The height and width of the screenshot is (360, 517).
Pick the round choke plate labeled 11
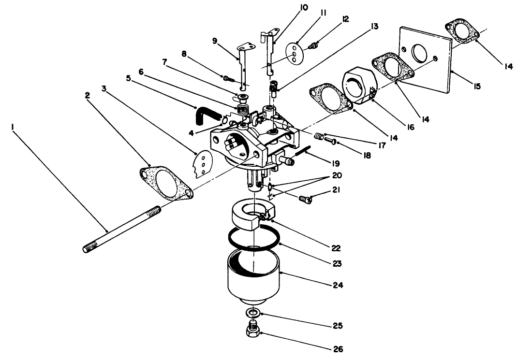294,53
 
